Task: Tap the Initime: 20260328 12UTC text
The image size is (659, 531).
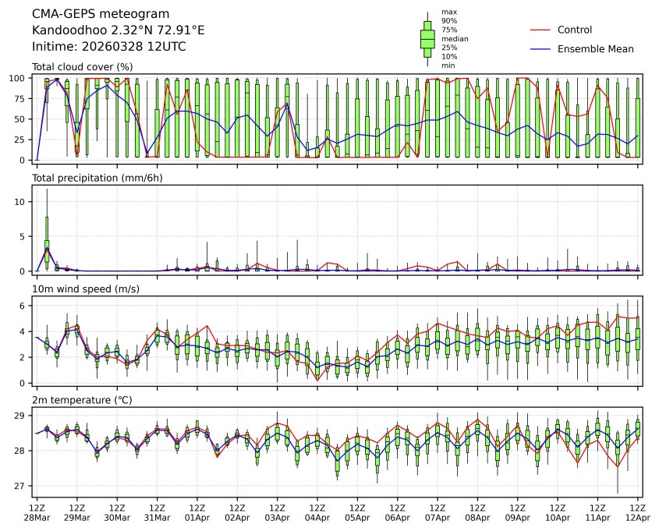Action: click(x=108, y=47)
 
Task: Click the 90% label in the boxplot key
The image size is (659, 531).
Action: click(x=448, y=20)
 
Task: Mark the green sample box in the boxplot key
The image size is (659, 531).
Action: click(x=427, y=38)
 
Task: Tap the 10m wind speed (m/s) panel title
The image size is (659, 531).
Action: click(x=84, y=290)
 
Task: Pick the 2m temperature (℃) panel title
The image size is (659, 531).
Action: click(x=82, y=401)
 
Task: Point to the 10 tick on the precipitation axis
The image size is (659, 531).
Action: click(x=23, y=202)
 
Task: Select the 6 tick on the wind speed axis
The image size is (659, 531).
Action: click(x=25, y=306)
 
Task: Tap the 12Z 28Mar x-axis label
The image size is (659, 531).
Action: click(x=37, y=512)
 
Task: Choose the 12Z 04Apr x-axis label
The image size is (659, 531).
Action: click(x=317, y=512)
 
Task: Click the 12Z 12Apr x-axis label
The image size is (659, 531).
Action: click(x=638, y=512)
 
